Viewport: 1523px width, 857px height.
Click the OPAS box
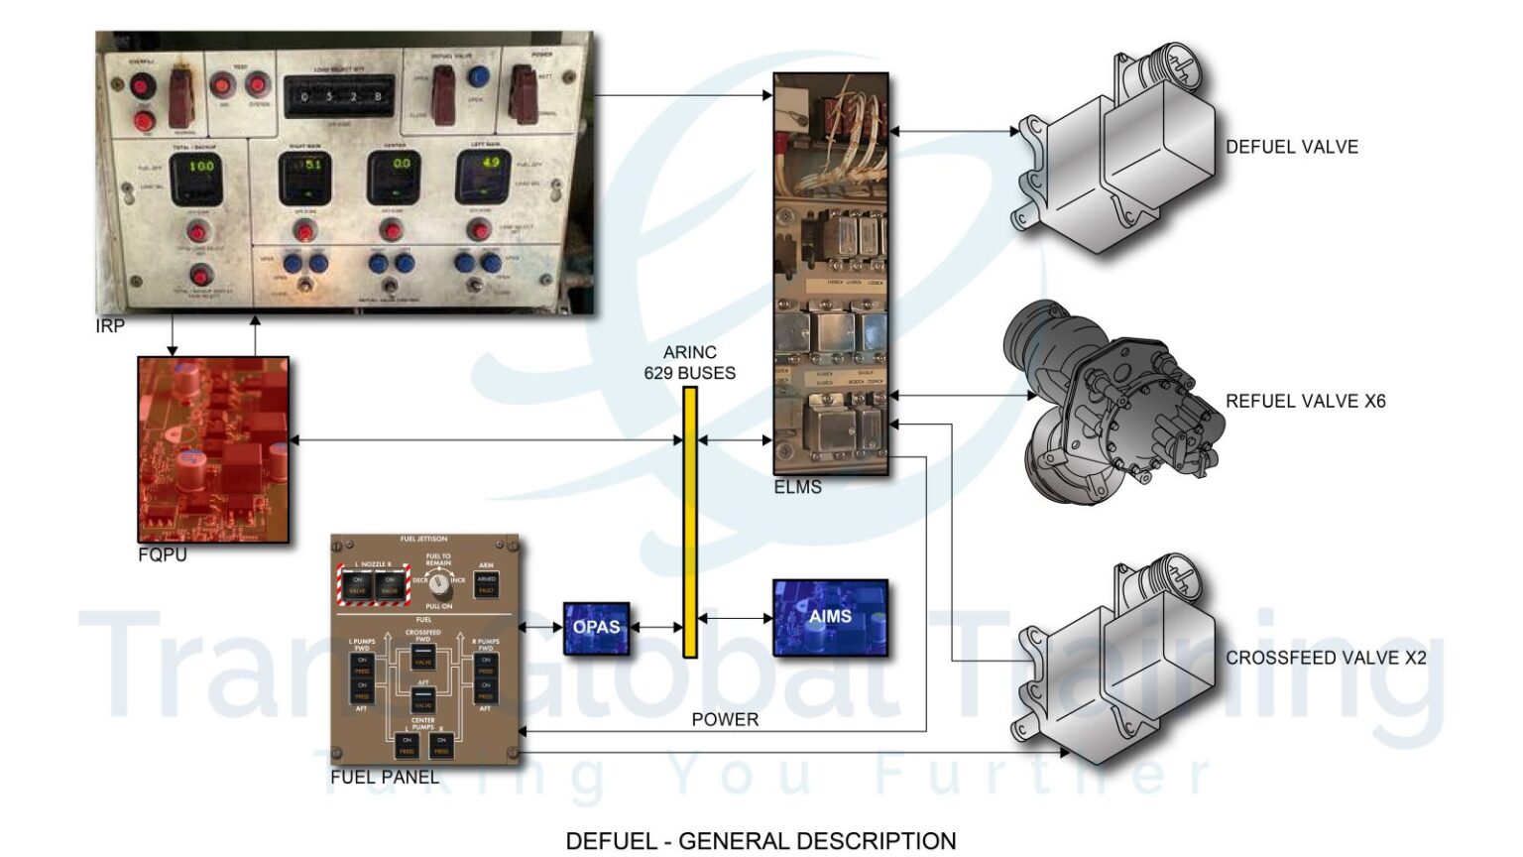(596, 627)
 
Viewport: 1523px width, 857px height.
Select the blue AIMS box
(830, 617)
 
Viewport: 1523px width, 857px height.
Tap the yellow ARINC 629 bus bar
(690, 522)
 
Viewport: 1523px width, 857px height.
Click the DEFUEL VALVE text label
(1291, 147)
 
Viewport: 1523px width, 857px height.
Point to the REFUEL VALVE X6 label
(1305, 402)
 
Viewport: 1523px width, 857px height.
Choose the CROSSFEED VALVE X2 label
(1326, 658)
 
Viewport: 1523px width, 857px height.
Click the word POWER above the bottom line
(725, 719)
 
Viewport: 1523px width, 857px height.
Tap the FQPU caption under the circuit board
(163, 554)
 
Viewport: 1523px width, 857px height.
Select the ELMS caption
(797, 487)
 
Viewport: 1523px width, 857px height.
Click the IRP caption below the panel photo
(110, 325)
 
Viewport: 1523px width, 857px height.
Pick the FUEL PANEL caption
(385, 777)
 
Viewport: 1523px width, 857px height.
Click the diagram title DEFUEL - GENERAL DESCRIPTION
(761, 841)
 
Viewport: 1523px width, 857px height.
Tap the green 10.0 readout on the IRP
(200, 167)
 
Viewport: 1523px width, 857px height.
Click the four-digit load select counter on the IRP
(340, 97)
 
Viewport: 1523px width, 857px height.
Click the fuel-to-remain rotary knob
(439, 583)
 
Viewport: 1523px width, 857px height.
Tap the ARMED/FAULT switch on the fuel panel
(486, 584)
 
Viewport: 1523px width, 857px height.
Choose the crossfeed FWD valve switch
(423, 657)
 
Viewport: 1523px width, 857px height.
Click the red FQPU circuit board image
(213, 449)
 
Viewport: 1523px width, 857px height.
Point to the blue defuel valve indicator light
(478, 75)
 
